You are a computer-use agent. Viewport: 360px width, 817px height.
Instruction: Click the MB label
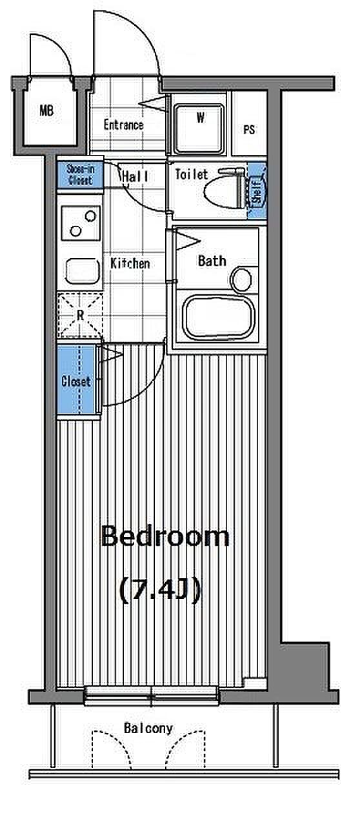click(x=46, y=110)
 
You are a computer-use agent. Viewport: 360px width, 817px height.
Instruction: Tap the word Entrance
click(x=123, y=125)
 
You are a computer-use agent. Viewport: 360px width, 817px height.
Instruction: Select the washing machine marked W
click(x=199, y=129)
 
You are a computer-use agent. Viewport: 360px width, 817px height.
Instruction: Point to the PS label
click(x=249, y=130)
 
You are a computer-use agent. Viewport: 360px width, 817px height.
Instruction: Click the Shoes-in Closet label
click(x=80, y=175)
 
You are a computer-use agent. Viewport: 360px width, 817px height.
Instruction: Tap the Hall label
click(x=135, y=177)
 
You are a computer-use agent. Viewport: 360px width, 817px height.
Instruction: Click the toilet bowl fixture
click(x=224, y=188)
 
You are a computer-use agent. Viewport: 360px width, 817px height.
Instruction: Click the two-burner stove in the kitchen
click(x=81, y=223)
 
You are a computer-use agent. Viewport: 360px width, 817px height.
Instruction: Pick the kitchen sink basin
click(x=83, y=271)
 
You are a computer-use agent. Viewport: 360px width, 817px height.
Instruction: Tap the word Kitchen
click(x=130, y=263)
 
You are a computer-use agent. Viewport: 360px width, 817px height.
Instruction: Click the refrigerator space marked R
click(x=80, y=315)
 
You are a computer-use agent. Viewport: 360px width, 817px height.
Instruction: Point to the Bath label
click(x=212, y=261)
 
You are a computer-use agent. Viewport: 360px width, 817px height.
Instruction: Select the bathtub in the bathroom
click(x=219, y=318)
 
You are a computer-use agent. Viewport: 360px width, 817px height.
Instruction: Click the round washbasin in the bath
click(x=241, y=279)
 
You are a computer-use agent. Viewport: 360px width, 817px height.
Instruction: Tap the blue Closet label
click(x=76, y=381)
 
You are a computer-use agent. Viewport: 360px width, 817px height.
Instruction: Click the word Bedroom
click(x=165, y=536)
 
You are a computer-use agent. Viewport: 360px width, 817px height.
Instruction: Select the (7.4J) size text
click(x=160, y=591)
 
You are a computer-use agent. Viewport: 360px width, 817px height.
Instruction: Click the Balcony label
click(x=148, y=729)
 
